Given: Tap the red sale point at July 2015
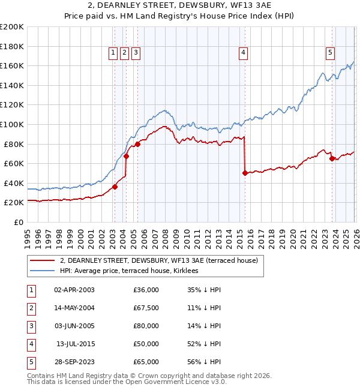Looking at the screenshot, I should pyautogui.click(x=245, y=173).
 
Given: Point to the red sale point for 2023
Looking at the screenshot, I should pyautogui.click(x=332, y=158).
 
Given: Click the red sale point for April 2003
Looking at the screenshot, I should pyautogui.click(x=115, y=187).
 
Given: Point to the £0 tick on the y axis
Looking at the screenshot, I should pyautogui.click(x=19, y=222).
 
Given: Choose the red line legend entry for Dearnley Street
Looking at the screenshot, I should pyautogui.click(x=158, y=260).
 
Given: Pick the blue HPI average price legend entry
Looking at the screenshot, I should pyautogui.click(x=133, y=271).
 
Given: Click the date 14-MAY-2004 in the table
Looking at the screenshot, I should pyautogui.click(x=74, y=308).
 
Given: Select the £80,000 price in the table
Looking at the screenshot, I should pyautogui.click(x=146, y=326).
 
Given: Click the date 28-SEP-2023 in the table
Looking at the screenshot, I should pyautogui.click(x=74, y=362).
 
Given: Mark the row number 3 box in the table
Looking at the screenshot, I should pyautogui.click(x=31, y=326).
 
